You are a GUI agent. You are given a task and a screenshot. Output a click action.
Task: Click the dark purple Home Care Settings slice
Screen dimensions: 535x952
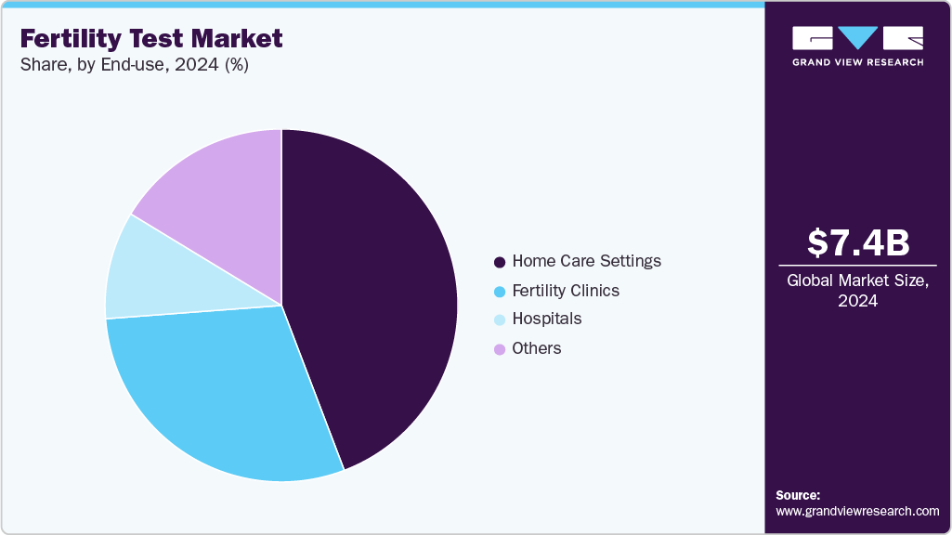[x=372, y=297]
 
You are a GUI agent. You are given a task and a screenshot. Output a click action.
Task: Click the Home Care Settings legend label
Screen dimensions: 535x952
[x=586, y=261]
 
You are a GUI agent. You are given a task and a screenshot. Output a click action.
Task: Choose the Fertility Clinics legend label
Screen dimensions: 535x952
[x=566, y=291]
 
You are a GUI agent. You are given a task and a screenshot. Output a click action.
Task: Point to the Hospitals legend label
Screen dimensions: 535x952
[x=546, y=320]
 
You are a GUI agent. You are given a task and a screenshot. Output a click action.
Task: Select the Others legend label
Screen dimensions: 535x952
[x=537, y=348]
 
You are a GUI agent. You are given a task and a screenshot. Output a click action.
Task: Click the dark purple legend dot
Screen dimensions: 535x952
[x=501, y=262]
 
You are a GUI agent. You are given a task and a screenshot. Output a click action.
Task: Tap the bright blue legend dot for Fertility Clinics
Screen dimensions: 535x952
[x=501, y=292]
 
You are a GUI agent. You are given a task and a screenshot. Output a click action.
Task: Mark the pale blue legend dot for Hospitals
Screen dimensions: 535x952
[x=501, y=320]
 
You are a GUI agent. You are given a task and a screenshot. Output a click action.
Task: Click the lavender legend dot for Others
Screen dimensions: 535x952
[x=501, y=349]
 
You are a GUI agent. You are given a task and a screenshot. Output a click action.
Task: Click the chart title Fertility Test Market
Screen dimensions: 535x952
[x=151, y=39]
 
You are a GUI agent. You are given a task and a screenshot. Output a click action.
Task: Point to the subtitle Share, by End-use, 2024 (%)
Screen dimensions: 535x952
[x=134, y=65]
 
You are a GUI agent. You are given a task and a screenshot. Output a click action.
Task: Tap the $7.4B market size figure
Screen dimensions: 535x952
[x=858, y=242]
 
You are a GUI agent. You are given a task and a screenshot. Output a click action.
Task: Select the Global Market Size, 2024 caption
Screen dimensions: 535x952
[x=858, y=291]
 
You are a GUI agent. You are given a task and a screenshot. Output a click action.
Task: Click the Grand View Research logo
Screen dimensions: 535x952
[x=858, y=46]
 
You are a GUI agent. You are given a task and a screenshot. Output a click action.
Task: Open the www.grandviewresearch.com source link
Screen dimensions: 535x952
[x=857, y=511]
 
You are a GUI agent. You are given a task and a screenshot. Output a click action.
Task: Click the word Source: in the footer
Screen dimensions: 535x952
[x=798, y=495]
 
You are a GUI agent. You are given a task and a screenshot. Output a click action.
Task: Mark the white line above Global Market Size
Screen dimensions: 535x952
[x=858, y=267]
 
